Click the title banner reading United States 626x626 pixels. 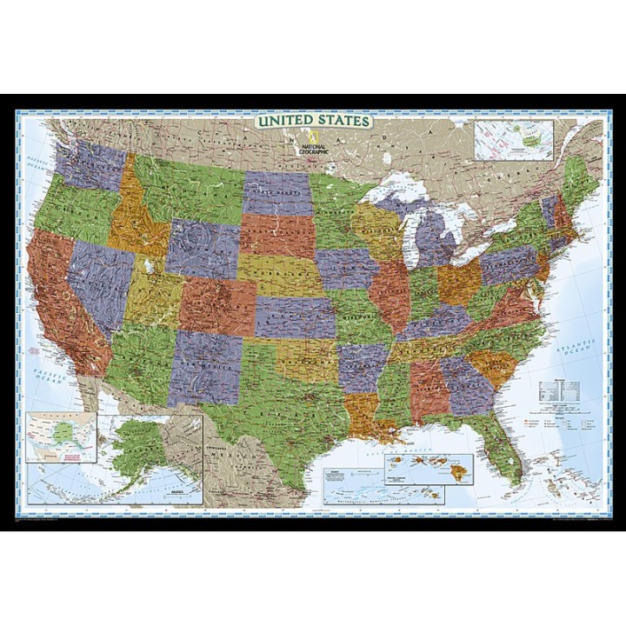[312, 121]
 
